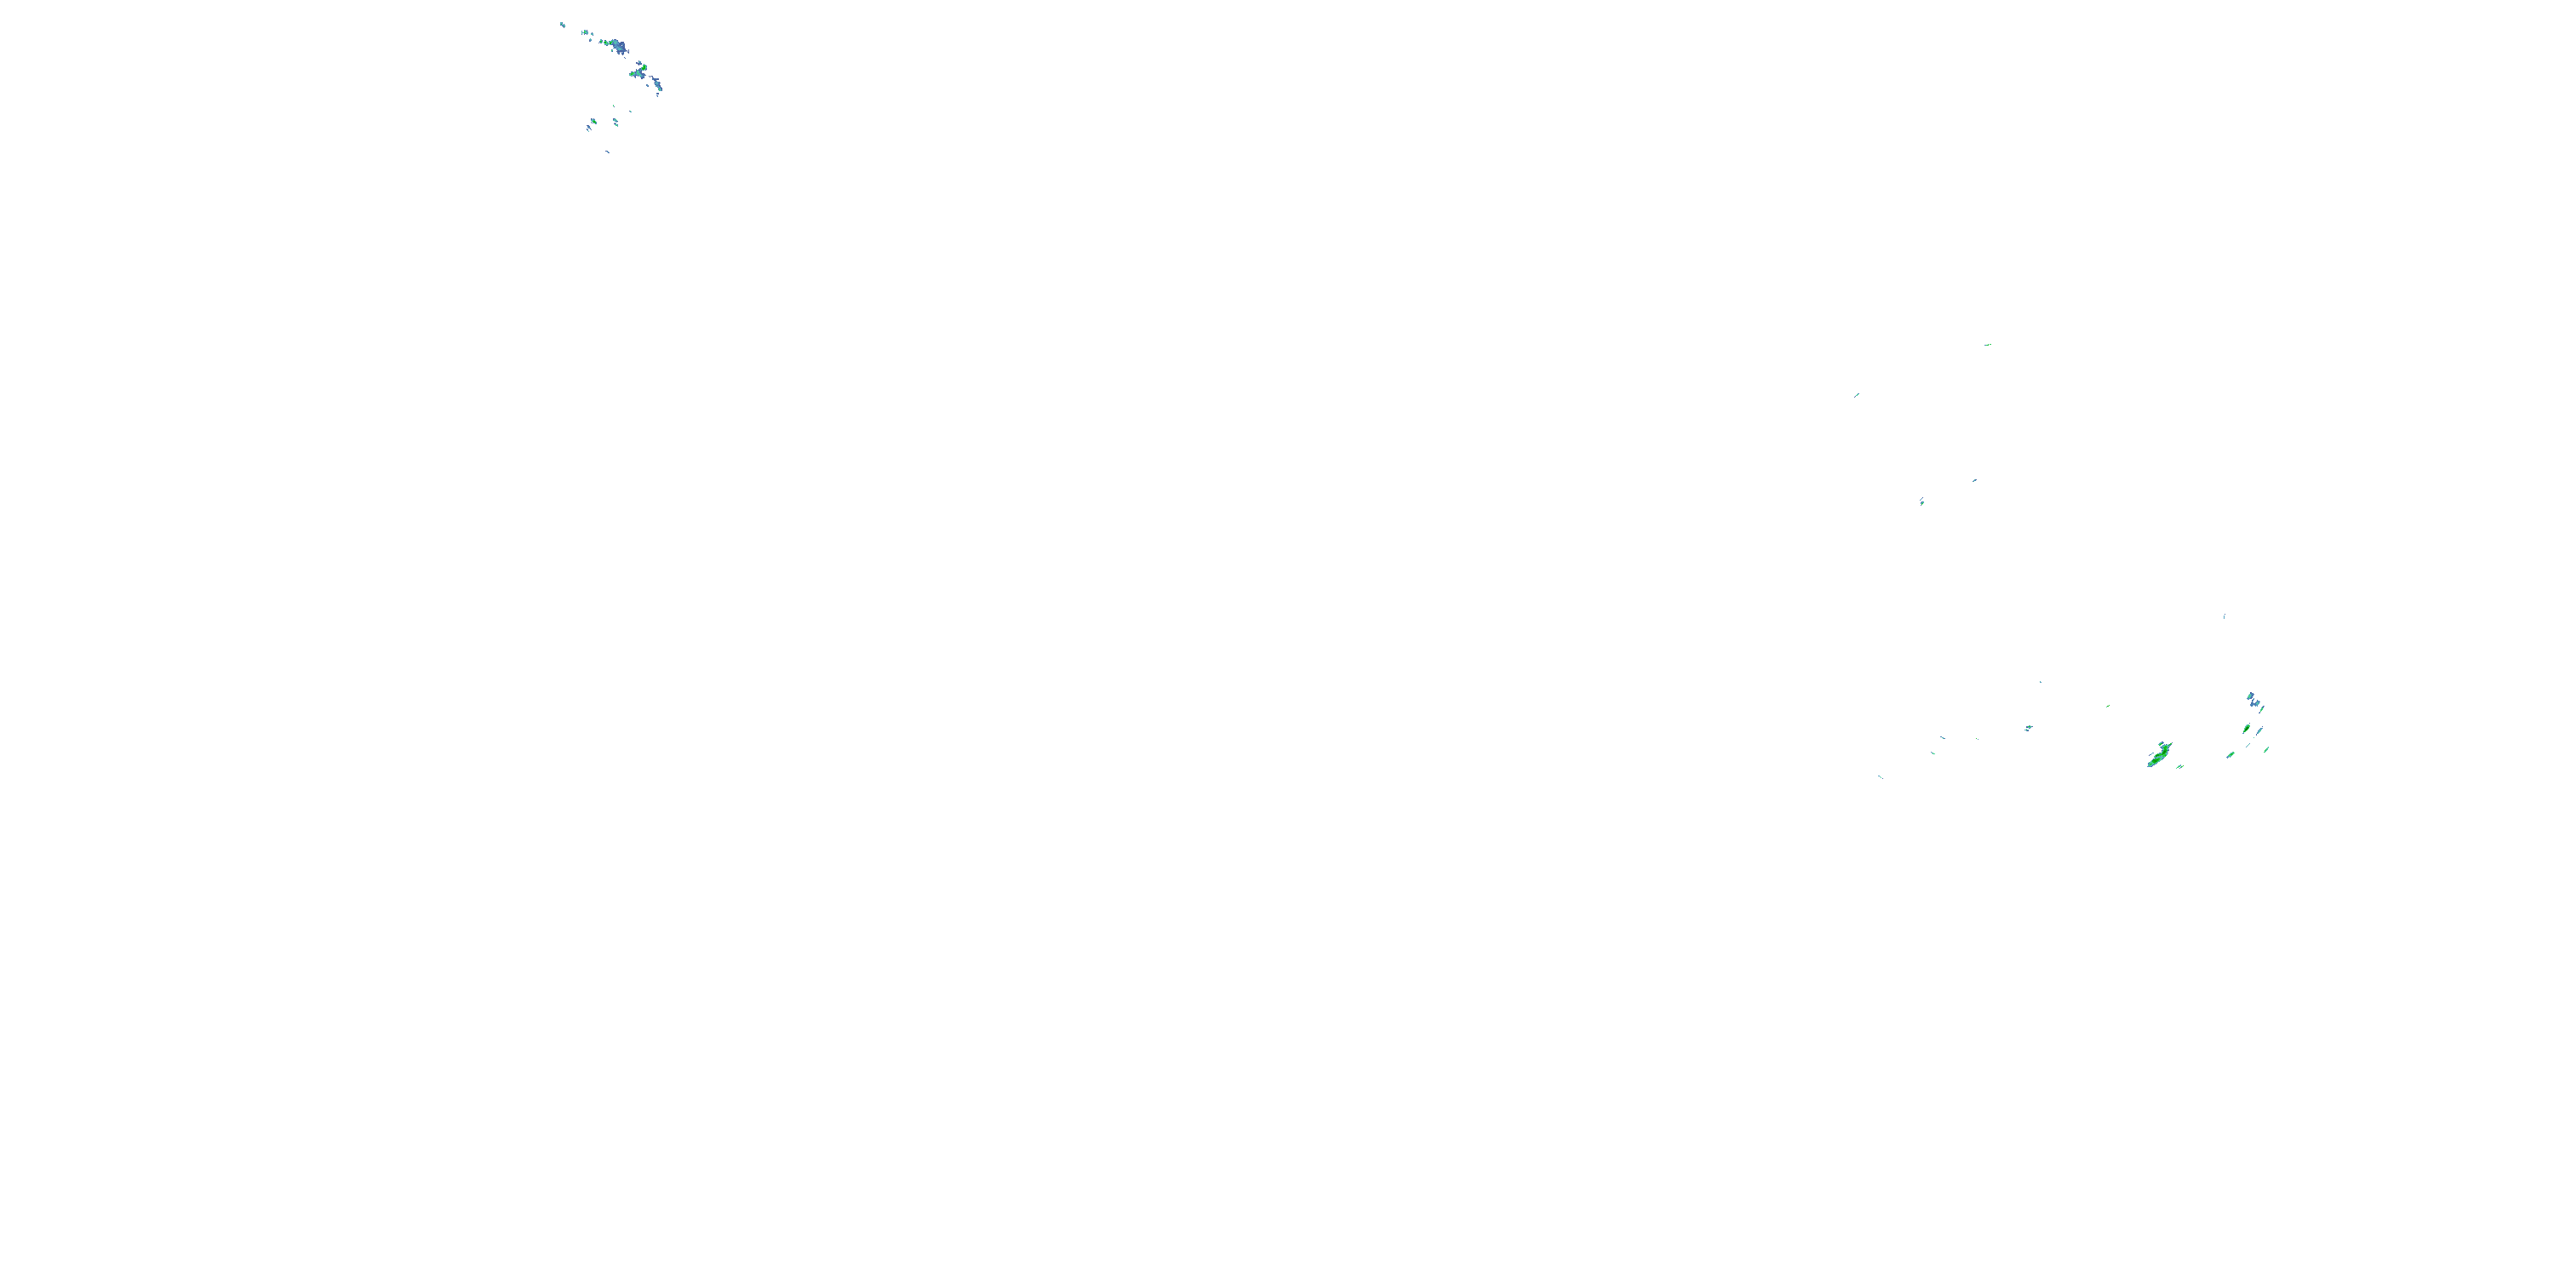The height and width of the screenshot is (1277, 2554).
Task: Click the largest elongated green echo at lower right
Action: tap(2158, 754)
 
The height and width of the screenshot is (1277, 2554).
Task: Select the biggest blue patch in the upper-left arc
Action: tap(618, 47)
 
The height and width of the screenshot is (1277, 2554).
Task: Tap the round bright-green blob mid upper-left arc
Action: tap(641, 70)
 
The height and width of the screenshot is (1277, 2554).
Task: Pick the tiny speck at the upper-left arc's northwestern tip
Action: tap(562, 24)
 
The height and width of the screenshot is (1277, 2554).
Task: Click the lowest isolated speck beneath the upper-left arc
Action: tap(608, 152)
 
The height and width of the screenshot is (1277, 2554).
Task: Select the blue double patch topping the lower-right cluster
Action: tap(2253, 700)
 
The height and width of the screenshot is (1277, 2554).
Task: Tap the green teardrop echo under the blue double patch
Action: tap(2246, 729)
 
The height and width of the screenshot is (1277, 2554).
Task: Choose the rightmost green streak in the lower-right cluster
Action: tap(2265, 749)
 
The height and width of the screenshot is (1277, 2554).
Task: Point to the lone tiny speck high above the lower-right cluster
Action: tap(2224, 616)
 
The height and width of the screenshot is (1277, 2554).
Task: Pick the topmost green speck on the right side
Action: tap(1987, 345)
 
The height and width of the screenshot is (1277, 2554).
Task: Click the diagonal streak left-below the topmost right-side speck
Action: tap(1857, 395)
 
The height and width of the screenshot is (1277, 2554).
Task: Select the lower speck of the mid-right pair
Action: tap(1921, 501)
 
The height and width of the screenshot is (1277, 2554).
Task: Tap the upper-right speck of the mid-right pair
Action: tap(1974, 480)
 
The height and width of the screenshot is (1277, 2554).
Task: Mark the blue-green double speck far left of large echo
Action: tap(2028, 728)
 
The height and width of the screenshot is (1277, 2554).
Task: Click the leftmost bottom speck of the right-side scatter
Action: tap(1880, 776)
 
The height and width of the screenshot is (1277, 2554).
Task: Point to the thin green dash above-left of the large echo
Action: tap(2107, 706)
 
